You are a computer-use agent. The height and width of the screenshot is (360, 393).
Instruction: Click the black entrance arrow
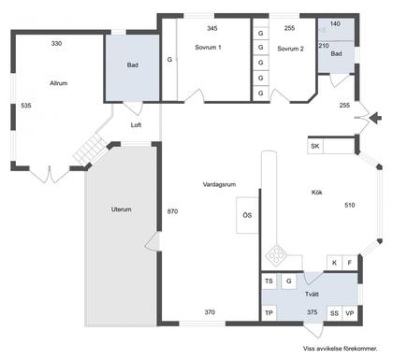tap(375, 118)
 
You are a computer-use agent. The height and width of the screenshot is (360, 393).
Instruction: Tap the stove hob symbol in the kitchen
tap(276, 255)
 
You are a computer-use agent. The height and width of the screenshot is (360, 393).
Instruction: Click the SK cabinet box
tap(315, 146)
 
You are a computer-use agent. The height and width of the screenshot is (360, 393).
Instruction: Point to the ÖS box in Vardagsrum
tap(247, 215)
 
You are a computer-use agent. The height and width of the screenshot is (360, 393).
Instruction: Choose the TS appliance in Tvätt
tap(269, 281)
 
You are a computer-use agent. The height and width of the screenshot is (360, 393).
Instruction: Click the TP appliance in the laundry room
tap(269, 313)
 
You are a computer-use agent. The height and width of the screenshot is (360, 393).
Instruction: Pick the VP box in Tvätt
tap(350, 313)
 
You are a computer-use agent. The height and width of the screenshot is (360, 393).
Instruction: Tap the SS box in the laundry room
tap(334, 313)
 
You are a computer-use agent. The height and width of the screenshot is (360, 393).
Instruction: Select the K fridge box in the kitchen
tap(334, 263)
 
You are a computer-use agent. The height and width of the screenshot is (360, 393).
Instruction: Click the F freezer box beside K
tap(350, 263)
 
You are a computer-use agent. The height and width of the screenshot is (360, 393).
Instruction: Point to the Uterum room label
tap(122, 209)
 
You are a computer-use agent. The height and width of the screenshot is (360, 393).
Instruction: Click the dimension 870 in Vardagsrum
tap(172, 211)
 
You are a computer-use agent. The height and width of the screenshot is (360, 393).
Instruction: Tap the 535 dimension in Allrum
tap(26, 106)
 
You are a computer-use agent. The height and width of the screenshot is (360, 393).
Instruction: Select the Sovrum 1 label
tap(208, 48)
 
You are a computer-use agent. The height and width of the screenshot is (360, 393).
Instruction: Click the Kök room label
tap(317, 193)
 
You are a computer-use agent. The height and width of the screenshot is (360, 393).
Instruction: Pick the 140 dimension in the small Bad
tap(335, 23)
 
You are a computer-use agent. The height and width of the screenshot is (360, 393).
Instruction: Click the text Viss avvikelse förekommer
tap(341, 349)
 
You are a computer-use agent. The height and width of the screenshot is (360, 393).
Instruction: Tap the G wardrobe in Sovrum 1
tap(169, 59)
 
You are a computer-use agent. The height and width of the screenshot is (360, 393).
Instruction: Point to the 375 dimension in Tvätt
tap(313, 312)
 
